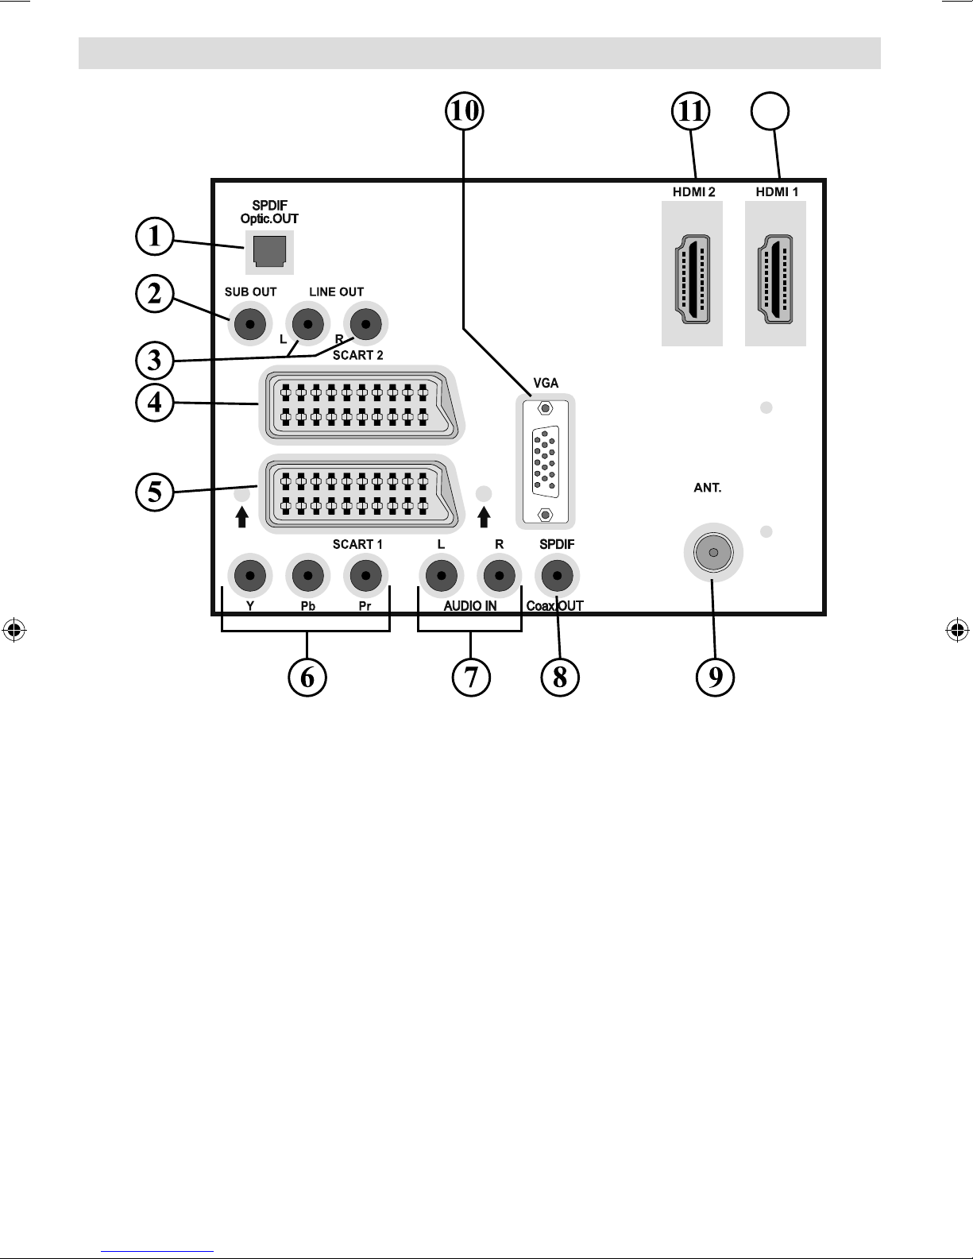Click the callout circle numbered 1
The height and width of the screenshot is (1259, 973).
[x=155, y=236]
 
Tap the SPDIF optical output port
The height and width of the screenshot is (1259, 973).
[x=270, y=252]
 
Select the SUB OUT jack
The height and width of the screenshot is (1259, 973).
[x=249, y=324]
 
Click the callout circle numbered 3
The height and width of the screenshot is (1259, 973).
[x=155, y=360]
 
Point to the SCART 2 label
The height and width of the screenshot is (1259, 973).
[x=358, y=355]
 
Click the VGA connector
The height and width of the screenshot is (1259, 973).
[x=545, y=462]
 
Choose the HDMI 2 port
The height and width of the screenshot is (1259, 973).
[x=692, y=279]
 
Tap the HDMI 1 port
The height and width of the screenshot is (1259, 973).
[x=775, y=279]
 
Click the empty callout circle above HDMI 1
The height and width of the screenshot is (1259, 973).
[x=770, y=111]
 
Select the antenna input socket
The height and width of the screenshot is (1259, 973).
[x=713, y=552]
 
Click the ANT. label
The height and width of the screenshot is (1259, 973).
[x=707, y=488]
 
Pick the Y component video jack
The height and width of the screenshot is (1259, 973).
[x=249, y=575]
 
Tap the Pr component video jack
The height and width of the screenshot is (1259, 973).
[x=365, y=575]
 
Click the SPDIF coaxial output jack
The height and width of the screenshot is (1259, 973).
[x=557, y=575]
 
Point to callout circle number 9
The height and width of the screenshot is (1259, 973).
[x=716, y=677]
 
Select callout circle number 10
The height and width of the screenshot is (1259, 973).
[x=465, y=111]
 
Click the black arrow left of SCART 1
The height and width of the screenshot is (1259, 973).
[x=242, y=517]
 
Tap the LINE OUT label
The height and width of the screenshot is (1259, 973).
[x=336, y=292]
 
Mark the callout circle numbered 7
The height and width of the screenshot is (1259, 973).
[x=471, y=677]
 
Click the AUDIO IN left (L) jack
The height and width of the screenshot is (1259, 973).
[x=441, y=575]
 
